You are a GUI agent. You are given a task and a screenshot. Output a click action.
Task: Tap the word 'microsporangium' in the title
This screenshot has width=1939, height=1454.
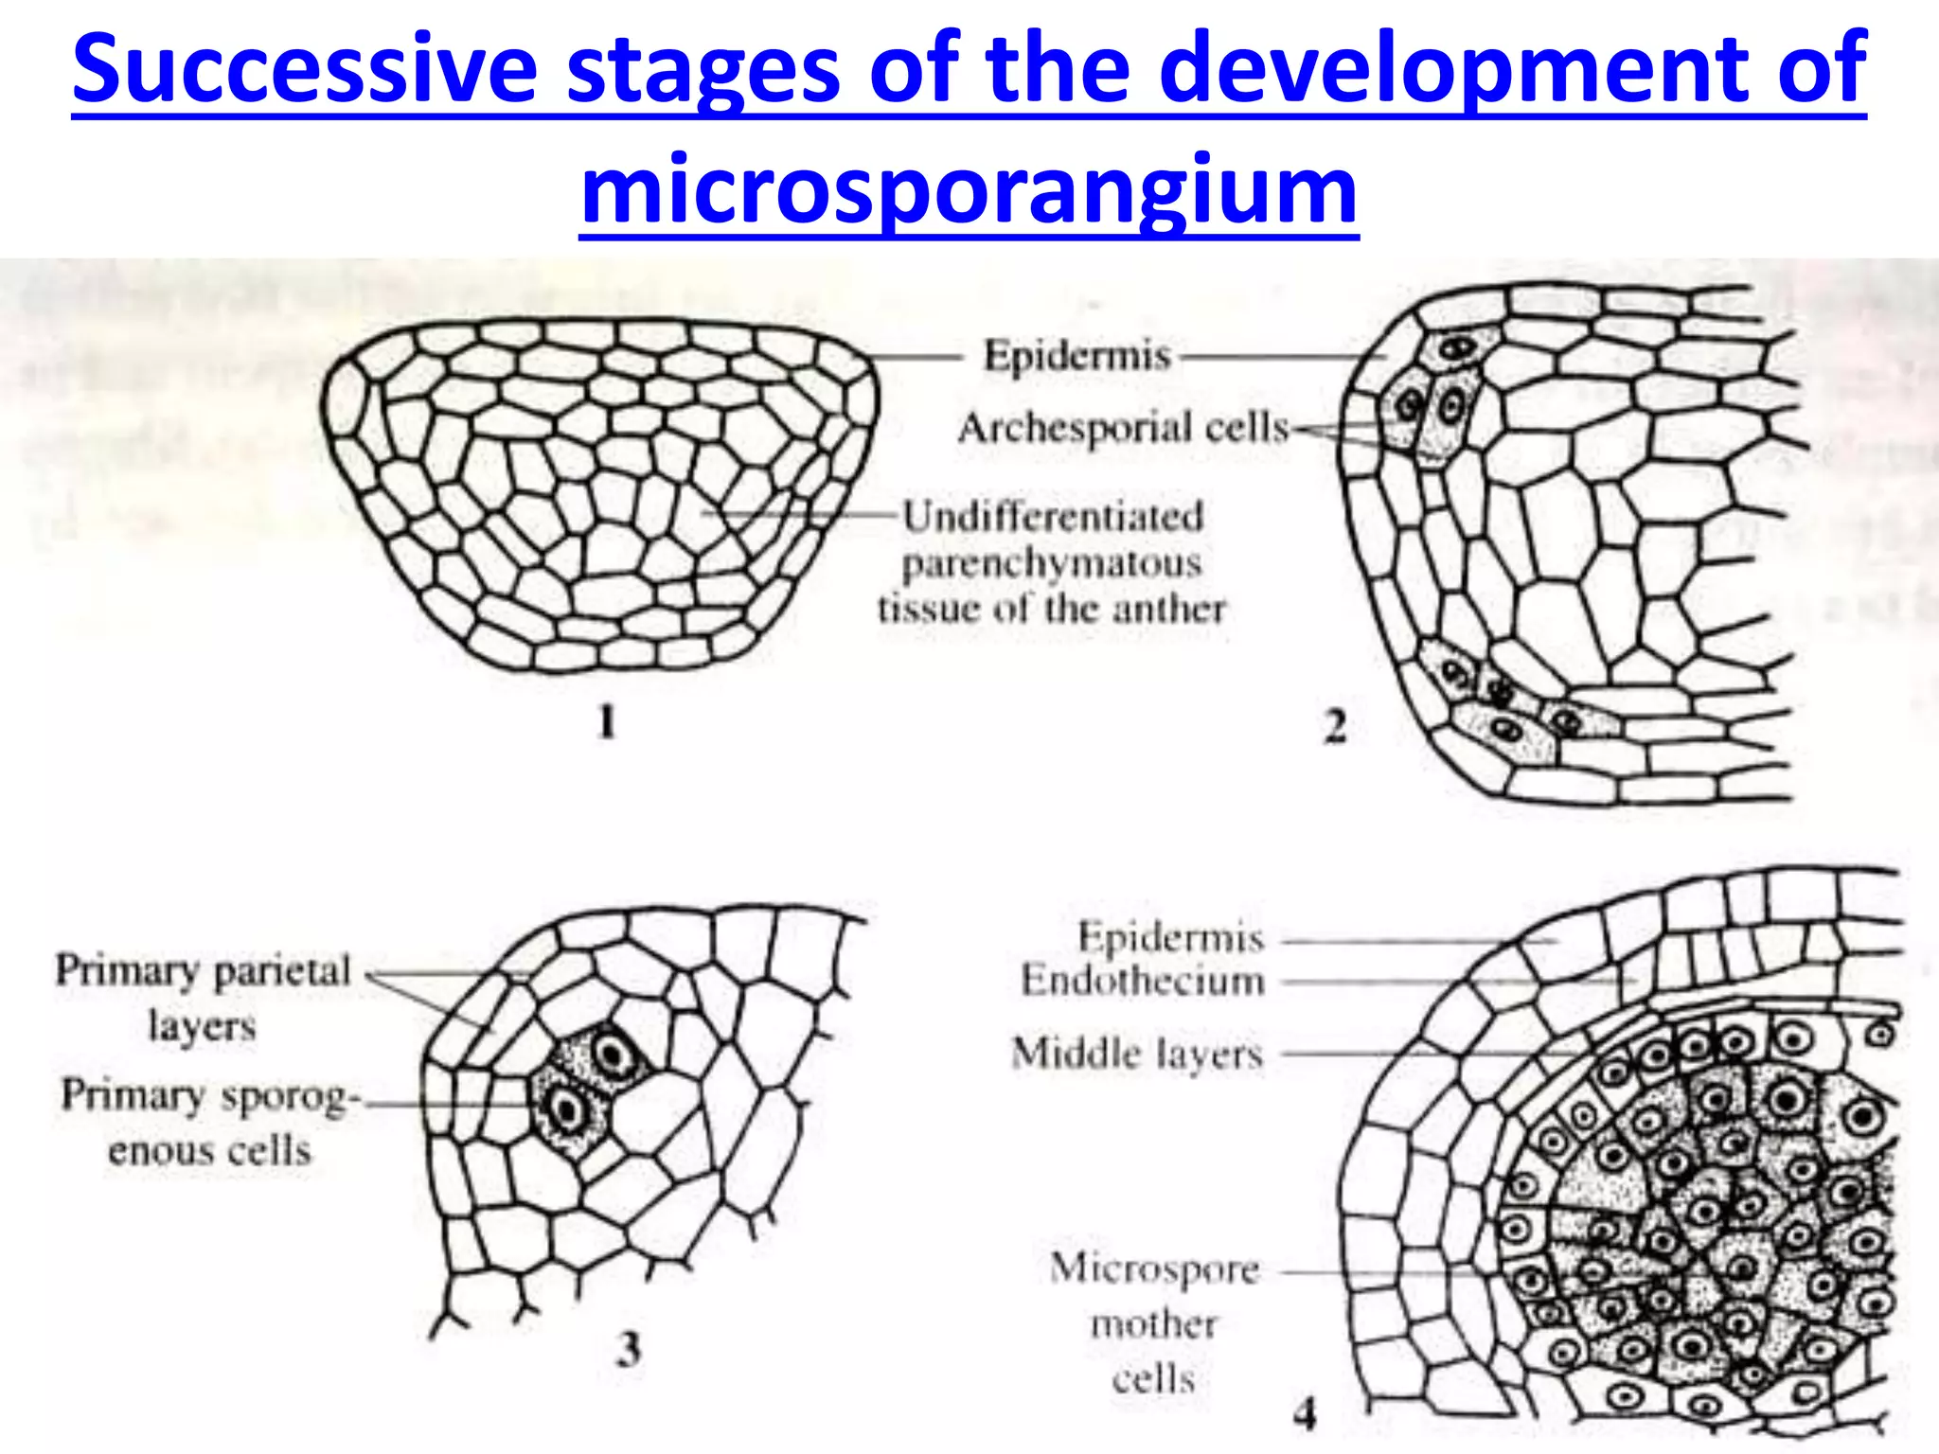pyautogui.click(x=969, y=189)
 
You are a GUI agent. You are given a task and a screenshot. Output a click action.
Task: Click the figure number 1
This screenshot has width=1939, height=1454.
pyautogui.click(x=607, y=723)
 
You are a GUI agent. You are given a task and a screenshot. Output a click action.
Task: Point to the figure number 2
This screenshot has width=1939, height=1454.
pyautogui.click(x=1335, y=727)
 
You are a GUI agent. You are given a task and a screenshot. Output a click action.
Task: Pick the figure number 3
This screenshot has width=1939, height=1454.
pyautogui.click(x=629, y=1350)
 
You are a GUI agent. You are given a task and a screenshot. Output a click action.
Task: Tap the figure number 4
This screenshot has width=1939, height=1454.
pyautogui.click(x=1306, y=1414)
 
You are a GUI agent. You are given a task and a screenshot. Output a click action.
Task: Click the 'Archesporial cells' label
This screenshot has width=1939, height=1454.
pyautogui.click(x=1124, y=428)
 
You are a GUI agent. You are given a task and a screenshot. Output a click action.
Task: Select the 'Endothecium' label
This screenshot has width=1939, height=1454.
pyautogui.click(x=1143, y=981)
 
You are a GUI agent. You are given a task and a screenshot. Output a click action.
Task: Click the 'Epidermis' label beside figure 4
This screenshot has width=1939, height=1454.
pyautogui.click(x=1171, y=937)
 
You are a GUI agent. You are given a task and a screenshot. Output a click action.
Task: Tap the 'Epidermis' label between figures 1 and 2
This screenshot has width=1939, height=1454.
pyautogui.click(x=1077, y=356)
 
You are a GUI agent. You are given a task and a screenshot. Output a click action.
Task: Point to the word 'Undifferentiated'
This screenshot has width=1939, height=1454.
pyautogui.click(x=1052, y=517)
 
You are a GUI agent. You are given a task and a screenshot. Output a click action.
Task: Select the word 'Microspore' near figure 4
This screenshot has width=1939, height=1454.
pyautogui.click(x=1155, y=1268)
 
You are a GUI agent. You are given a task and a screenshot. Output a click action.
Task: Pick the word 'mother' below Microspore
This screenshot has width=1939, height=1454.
pyautogui.click(x=1153, y=1323)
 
